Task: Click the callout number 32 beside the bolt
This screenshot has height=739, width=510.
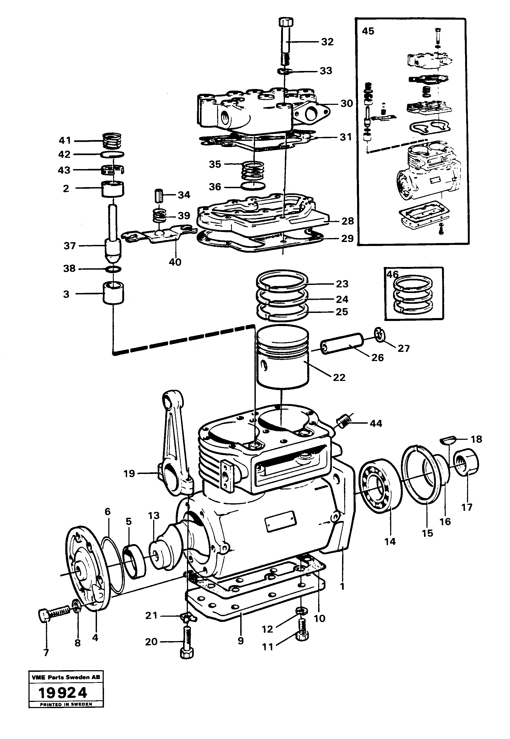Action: pyautogui.click(x=327, y=42)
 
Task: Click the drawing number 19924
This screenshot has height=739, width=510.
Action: pyautogui.click(x=63, y=693)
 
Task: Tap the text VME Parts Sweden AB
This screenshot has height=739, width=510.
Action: pyautogui.click(x=66, y=677)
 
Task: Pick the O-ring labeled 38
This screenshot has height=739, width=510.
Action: pyautogui.click(x=113, y=269)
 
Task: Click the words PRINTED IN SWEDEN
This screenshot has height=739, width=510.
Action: pyautogui.click(x=66, y=704)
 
